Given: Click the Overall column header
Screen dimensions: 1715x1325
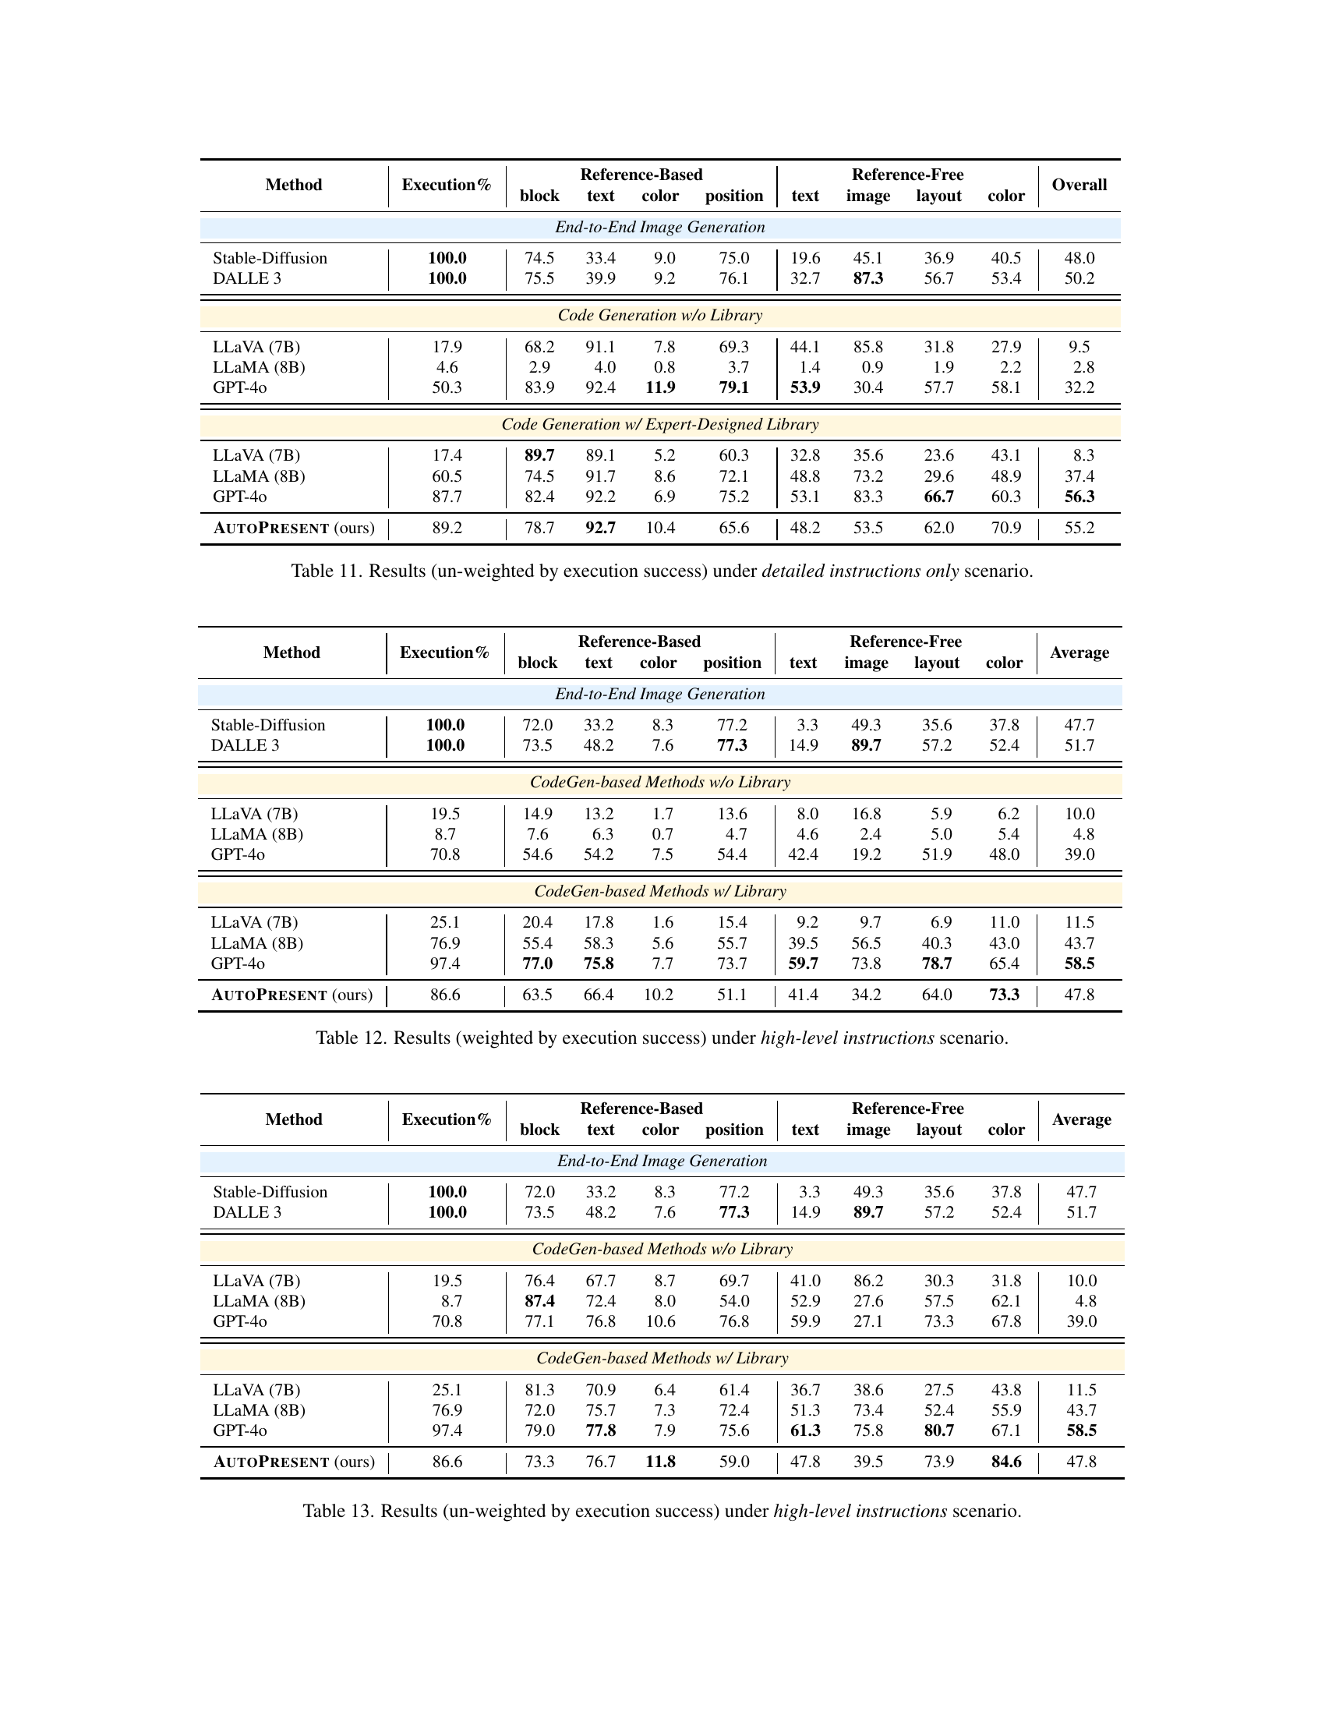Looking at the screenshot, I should [1079, 185].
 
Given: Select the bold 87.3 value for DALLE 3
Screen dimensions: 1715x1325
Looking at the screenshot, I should [867, 278].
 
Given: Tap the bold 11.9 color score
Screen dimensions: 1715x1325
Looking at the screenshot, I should [659, 387].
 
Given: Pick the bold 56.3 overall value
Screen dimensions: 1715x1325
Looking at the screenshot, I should [1079, 497].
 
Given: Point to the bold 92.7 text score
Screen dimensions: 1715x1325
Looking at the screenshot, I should [599, 528].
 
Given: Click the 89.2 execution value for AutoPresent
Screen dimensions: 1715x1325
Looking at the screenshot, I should [447, 528].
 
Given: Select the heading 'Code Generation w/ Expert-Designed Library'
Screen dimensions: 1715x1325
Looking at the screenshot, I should [659, 424].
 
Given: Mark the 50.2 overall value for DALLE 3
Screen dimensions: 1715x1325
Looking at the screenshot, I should [1079, 278].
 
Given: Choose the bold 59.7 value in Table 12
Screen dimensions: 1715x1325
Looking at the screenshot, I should [803, 964].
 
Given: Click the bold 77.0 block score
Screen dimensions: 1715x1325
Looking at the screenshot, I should [538, 964].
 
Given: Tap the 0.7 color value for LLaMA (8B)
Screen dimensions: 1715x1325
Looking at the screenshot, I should [662, 834].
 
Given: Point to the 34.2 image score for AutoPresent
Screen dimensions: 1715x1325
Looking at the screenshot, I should [866, 995].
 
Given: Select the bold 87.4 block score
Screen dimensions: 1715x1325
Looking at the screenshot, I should [539, 1301].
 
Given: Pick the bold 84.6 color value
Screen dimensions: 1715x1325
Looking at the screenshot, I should [1005, 1462].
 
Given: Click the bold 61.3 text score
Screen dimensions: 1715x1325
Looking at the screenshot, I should [804, 1430].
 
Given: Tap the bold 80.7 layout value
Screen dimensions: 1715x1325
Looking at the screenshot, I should [939, 1430].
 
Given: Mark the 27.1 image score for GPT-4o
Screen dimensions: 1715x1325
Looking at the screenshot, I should [868, 1321].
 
